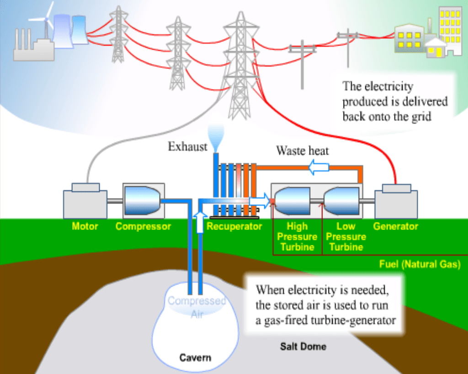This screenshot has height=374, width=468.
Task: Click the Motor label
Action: click(x=85, y=226)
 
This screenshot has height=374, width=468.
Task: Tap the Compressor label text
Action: click(x=143, y=226)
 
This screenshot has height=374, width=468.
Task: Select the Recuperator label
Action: click(x=234, y=226)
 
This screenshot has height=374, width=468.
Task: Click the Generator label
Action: click(x=395, y=226)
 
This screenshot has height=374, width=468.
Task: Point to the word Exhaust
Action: click(x=187, y=147)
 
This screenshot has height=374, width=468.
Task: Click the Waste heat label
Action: click(x=302, y=151)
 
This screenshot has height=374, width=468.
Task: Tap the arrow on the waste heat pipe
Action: click(x=319, y=168)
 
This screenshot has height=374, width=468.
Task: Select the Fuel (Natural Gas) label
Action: click(x=420, y=264)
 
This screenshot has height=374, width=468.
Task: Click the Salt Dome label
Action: click(x=303, y=346)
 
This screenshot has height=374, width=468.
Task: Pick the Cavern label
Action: click(x=195, y=357)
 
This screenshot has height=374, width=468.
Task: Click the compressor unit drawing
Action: click(x=143, y=201)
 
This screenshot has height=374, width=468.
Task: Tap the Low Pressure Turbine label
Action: click(x=346, y=237)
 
